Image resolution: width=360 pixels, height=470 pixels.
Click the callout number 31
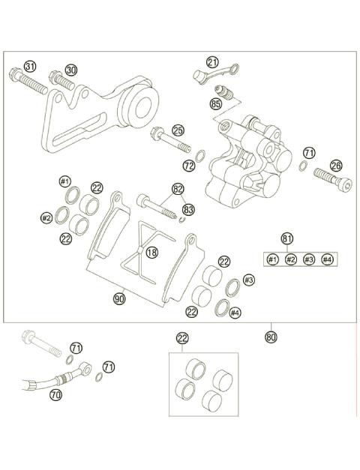(30, 67)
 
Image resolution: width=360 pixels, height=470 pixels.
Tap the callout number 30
(71, 70)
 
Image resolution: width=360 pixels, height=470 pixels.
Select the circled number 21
(213, 62)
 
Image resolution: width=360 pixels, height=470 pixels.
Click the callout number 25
(178, 130)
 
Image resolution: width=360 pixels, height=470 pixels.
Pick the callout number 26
(336, 166)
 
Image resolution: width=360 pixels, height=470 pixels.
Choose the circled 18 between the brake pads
(152, 253)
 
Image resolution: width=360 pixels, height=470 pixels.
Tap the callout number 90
(119, 298)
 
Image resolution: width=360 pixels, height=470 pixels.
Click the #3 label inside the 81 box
(309, 259)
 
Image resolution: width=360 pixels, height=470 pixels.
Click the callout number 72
(189, 163)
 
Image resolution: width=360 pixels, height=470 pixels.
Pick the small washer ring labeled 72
(201, 157)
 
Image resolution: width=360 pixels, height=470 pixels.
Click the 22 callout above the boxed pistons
(182, 338)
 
